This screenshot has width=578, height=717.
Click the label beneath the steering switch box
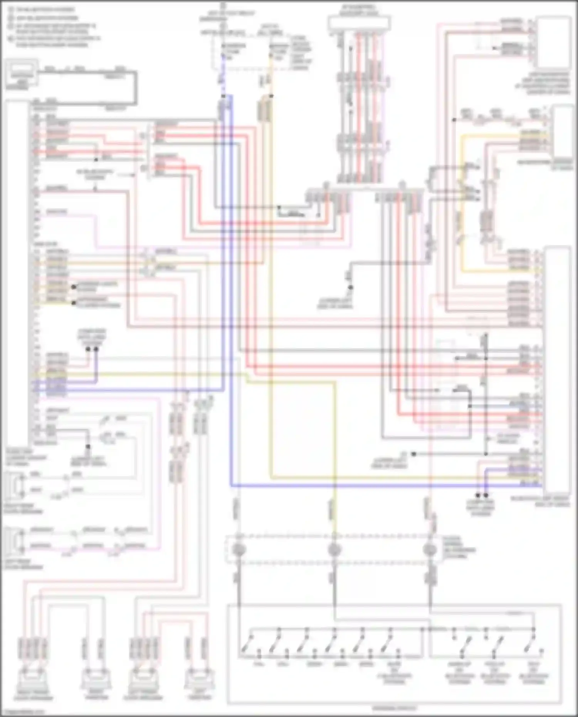pos(394,708)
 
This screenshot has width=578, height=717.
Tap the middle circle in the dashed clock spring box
pos(334,549)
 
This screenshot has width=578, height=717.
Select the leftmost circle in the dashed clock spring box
pos(239,549)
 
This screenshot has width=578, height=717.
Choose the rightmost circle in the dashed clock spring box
pos(429,549)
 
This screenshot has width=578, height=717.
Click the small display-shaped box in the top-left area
pos(22,72)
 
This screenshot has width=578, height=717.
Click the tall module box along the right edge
pos(556,370)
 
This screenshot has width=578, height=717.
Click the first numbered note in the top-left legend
pos(42,9)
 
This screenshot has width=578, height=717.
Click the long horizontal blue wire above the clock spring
pos(385,485)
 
